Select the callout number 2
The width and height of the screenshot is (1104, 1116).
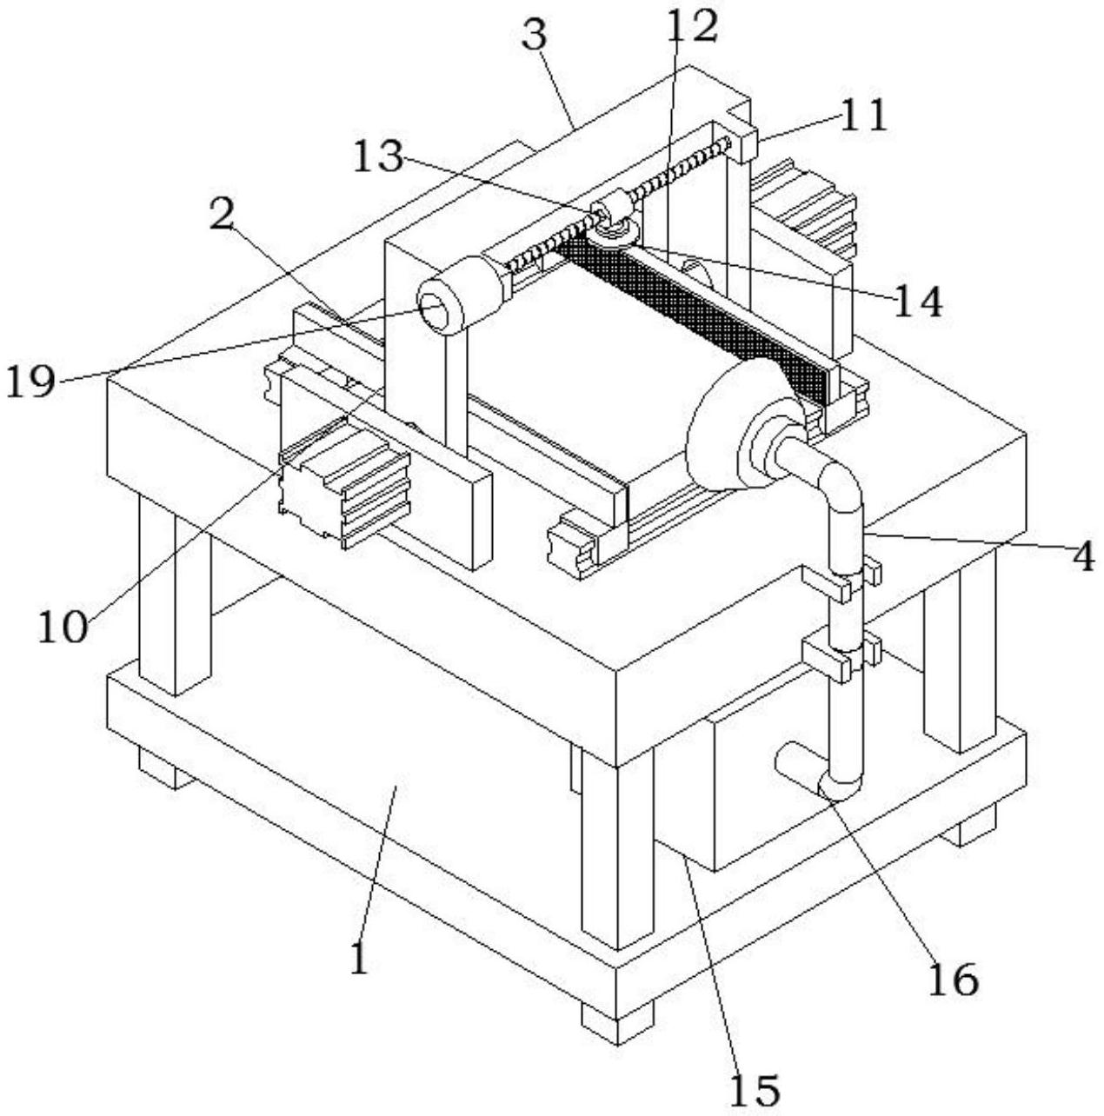(222, 211)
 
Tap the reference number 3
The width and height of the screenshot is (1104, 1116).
(534, 34)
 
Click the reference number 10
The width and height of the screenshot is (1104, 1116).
(63, 628)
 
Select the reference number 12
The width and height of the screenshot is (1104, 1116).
(692, 25)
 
